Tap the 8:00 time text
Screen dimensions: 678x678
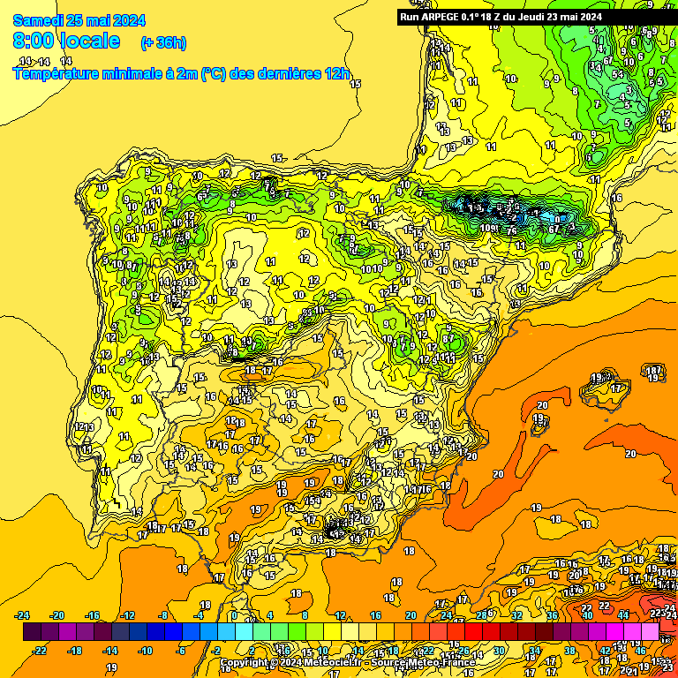coord(32,41)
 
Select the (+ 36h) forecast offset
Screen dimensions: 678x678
coord(163,42)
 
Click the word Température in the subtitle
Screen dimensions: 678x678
coord(59,74)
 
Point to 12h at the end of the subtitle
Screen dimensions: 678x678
coord(336,74)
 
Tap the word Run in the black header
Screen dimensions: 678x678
coord(411,16)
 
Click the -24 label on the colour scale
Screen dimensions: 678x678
coord(23,615)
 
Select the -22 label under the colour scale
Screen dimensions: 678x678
coord(40,651)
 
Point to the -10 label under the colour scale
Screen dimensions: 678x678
coord(146,651)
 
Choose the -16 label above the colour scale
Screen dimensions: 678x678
coord(93,615)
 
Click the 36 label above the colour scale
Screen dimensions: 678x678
coord(552,615)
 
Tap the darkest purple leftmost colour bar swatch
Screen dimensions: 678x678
coord(32,632)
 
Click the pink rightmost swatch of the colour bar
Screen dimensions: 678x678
coord(650,632)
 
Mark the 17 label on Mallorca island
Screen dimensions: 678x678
coord(616,388)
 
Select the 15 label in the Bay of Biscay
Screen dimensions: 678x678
coord(356,84)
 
